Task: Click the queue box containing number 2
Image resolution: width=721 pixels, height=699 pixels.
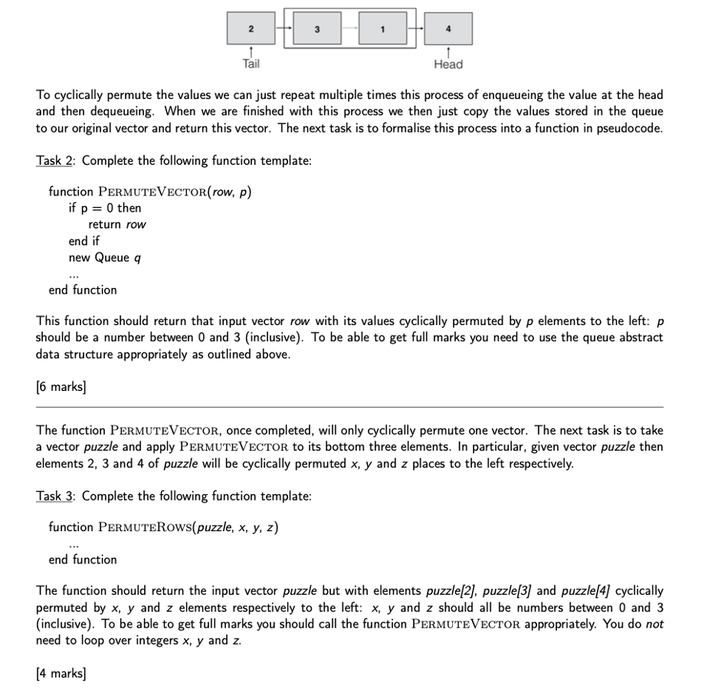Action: click(251, 28)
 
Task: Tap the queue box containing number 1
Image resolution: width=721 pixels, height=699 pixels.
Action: click(382, 28)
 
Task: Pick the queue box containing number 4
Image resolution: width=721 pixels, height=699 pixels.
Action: click(448, 28)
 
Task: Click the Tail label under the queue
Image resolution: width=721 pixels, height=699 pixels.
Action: click(251, 64)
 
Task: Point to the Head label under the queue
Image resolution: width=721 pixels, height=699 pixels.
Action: click(448, 64)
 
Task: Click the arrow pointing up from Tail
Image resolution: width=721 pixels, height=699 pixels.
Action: click(251, 51)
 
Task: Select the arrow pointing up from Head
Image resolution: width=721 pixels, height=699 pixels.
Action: click(448, 51)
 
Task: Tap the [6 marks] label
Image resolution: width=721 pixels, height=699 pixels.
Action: click(61, 387)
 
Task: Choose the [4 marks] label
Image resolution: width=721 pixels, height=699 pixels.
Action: click(61, 674)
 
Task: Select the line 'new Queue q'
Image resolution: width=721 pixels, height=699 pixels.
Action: click(105, 258)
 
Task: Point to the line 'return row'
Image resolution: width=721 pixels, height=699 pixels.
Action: click(117, 225)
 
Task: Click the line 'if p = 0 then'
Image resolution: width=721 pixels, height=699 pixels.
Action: click(105, 208)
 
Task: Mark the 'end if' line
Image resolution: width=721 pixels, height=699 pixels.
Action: click(84, 241)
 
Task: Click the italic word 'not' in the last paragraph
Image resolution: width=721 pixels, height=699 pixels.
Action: click(654, 624)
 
